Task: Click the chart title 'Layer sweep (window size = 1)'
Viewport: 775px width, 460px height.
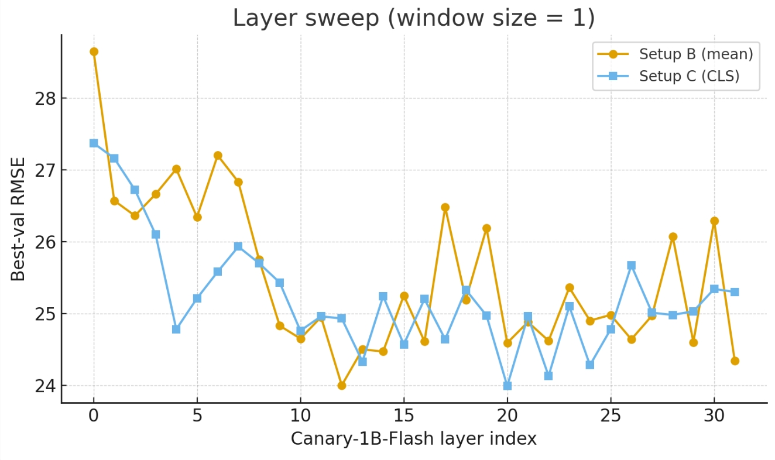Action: coord(413,18)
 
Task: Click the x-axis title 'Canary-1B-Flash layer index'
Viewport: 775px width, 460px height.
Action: coord(413,439)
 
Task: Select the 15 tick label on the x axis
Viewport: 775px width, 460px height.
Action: coord(404,417)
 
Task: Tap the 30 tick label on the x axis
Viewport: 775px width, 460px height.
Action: coord(714,417)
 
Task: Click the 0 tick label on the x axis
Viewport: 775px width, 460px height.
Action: coord(94,417)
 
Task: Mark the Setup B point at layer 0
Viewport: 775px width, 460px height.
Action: coord(94,52)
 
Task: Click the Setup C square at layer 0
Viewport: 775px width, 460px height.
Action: coord(94,143)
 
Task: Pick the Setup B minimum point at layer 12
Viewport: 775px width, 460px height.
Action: coord(342,385)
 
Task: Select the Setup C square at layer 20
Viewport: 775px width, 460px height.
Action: coord(507,386)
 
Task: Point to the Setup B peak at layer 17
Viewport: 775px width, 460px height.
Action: coord(445,207)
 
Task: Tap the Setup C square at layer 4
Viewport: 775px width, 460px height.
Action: coord(176,329)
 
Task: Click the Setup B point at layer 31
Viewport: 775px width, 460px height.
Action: coord(735,361)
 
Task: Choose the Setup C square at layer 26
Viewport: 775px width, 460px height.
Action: coord(632,265)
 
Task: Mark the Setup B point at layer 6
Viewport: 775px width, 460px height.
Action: coord(218,155)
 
